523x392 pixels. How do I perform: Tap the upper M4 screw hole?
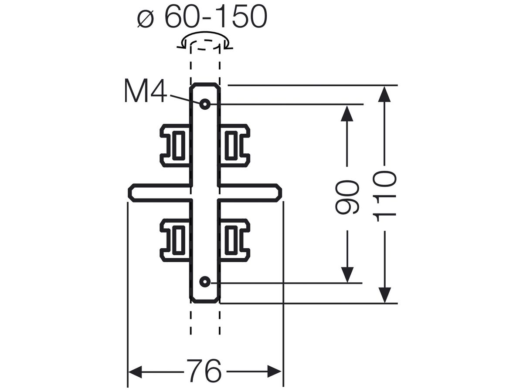coord(205,104)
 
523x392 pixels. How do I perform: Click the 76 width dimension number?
coord(204,371)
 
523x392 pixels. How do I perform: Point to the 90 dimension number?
coord(346,197)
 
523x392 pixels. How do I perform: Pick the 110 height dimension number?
coord(384,196)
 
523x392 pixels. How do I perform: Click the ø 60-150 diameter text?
coord(202,16)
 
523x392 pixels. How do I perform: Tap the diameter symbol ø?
coord(145,19)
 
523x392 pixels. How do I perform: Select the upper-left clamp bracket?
coord(175,145)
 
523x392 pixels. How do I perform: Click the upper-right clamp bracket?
coord(234,145)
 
